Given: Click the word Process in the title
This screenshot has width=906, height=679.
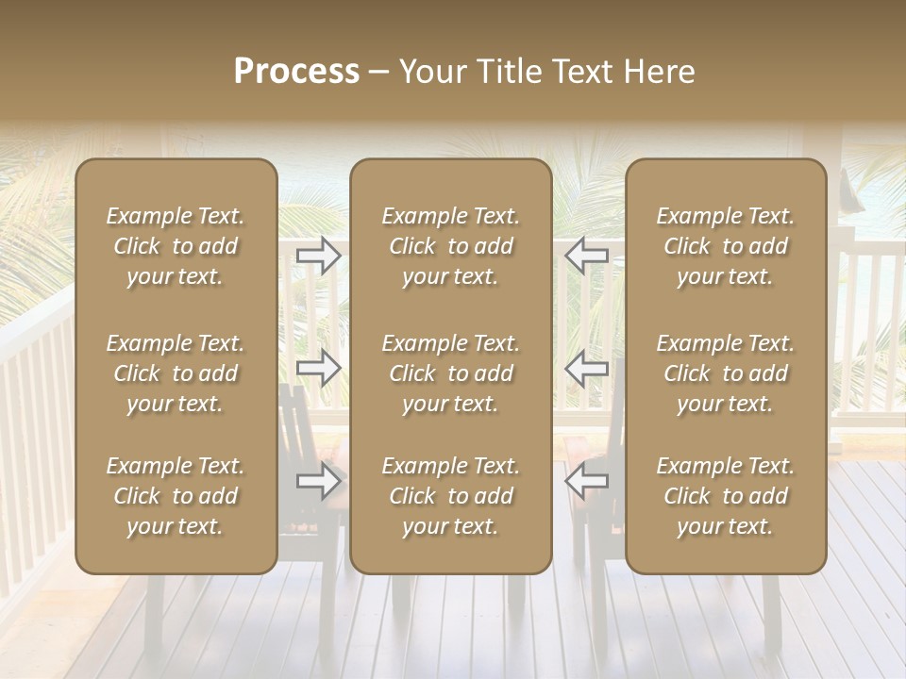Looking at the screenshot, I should pyautogui.click(x=296, y=72).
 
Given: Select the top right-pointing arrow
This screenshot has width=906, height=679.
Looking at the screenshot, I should pyautogui.click(x=319, y=256).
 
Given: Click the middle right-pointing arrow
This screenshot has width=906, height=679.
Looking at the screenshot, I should pyautogui.click(x=319, y=368).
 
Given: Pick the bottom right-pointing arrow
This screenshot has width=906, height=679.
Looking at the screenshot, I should pyautogui.click(x=319, y=482).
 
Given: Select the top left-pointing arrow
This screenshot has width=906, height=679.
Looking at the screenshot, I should pyautogui.click(x=587, y=256).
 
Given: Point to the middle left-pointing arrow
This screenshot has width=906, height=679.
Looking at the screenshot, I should pyautogui.click(x=587, y=368).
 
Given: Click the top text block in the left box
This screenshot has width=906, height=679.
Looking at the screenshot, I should pyautogui.click(x=176, y=246).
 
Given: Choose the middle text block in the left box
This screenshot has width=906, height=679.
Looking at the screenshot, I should pyautogui.click(x=176, y=373).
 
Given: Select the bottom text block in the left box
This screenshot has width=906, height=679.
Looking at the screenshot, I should pyautogui.click(x=176, y=496).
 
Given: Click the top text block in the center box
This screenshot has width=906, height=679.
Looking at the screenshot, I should pyautogui.click(x=451, y=246).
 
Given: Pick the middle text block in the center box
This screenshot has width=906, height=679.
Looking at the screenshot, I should pyautogui.click(x=451, y=373).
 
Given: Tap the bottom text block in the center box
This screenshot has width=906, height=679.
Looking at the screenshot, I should pyautogui.click(x=451, y=496).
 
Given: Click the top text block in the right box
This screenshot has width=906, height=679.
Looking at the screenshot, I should pyautogui.click(x=726, y=246).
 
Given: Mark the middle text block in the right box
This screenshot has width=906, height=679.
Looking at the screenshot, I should pyautogui.click(x=726, y=373).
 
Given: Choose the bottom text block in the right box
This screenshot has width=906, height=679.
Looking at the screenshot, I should pyautogui.click(x=726, y=496).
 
